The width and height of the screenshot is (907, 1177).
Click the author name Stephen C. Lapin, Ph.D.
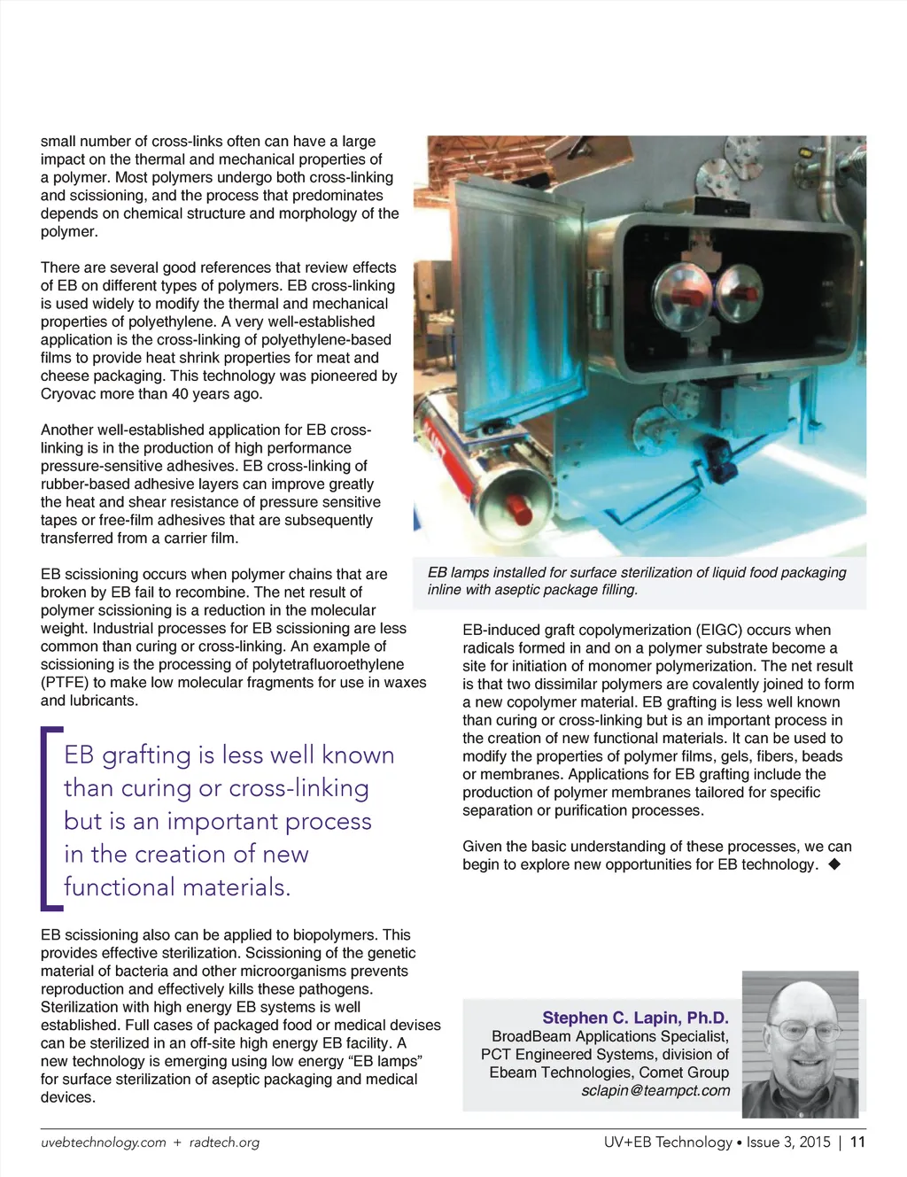point(635,1018)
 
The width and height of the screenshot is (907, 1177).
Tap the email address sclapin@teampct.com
point(655,1090)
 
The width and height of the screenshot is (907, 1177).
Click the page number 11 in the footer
point(857,1142)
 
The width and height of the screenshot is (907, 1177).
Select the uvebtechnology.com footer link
point(104,1142)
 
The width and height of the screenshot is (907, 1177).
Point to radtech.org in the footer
point(224,1142)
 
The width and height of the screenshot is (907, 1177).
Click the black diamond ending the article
point(833,863)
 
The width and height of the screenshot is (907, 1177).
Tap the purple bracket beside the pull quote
point(48,817)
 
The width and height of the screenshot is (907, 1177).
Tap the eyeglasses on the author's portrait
point(803,1030)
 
